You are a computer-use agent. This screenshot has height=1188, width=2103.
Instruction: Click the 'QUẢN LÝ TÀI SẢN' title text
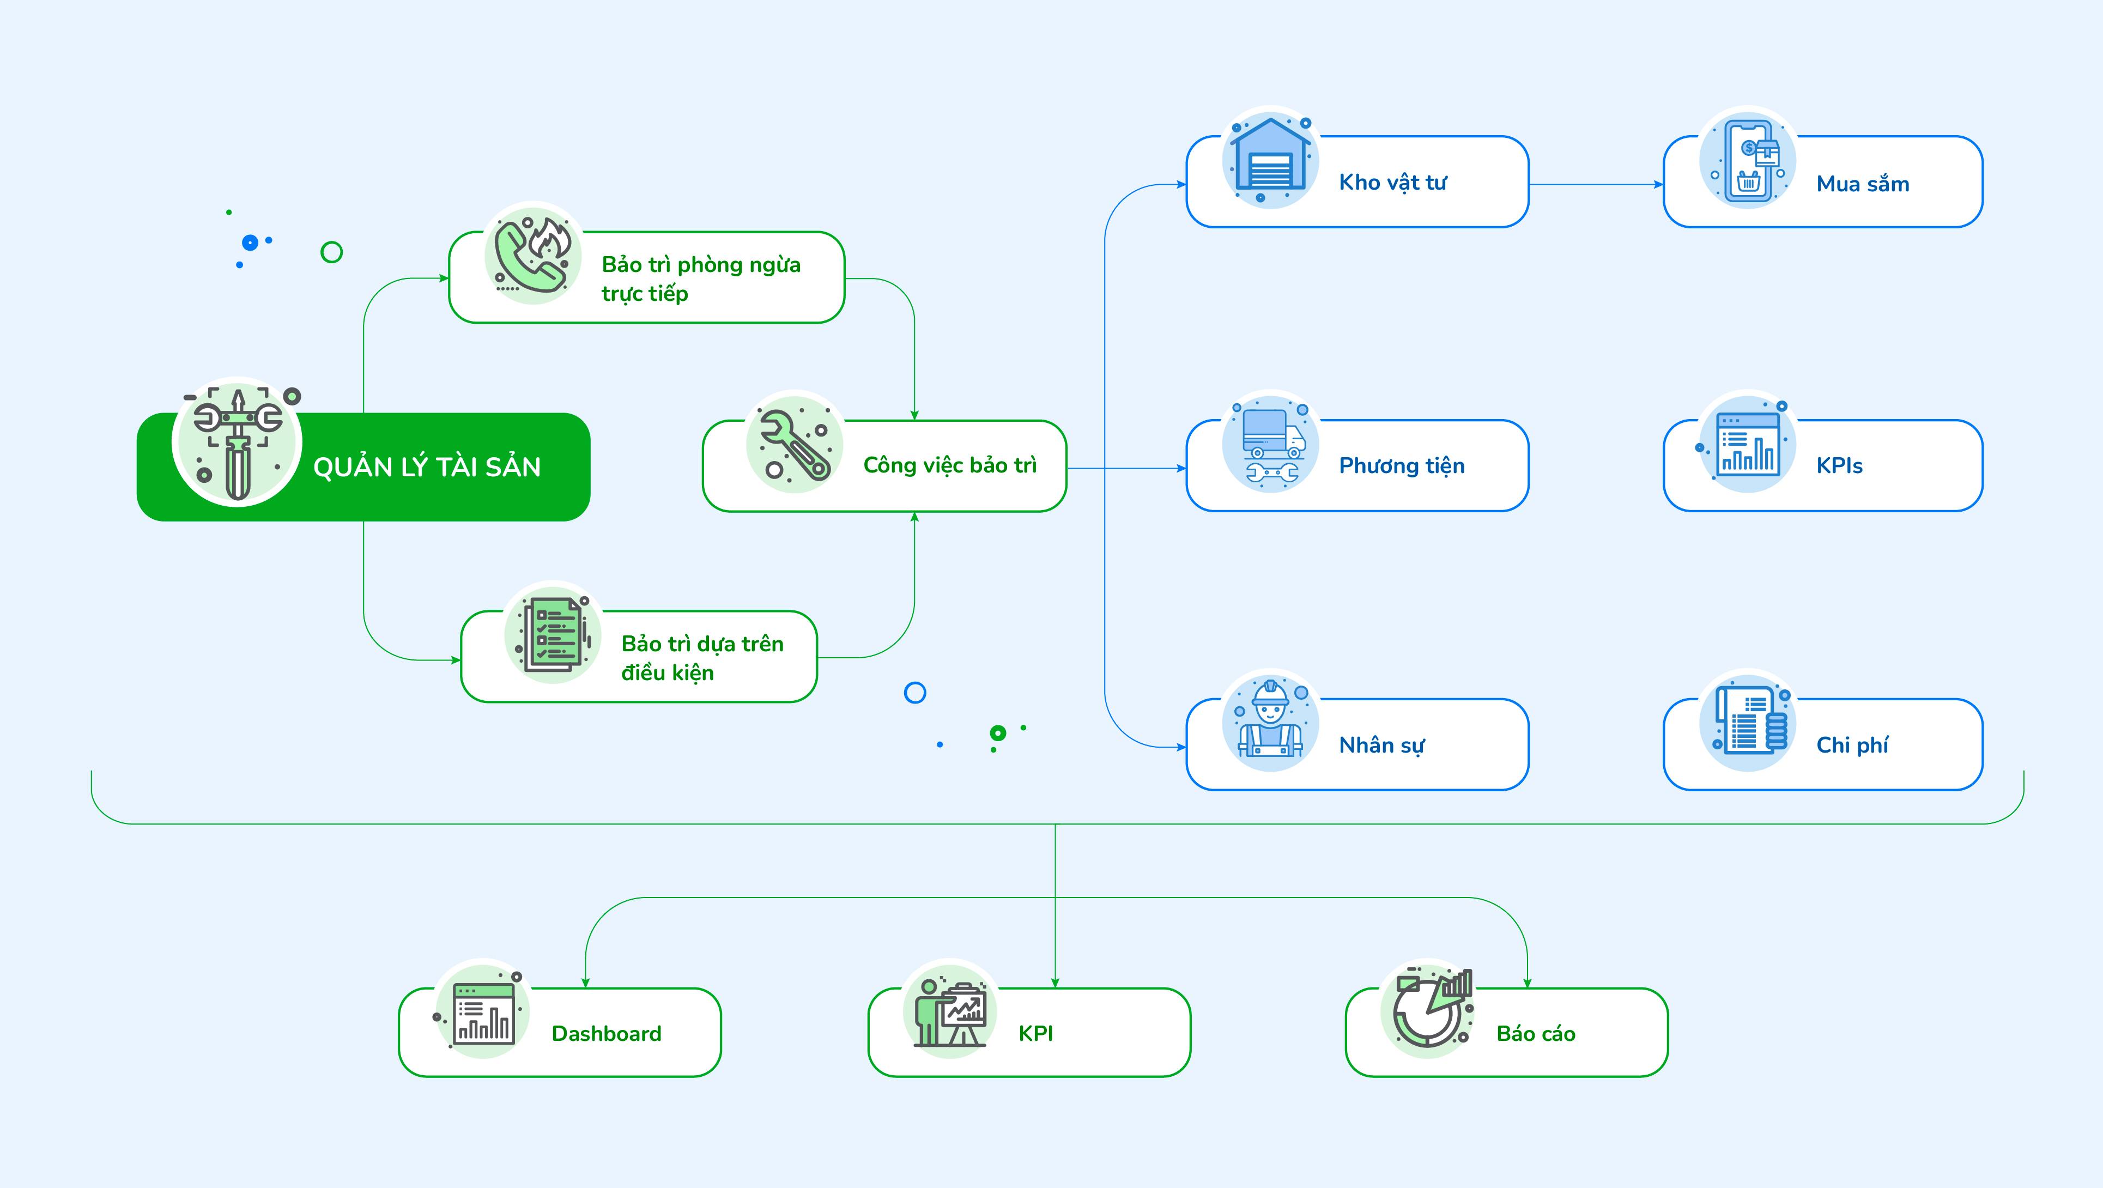point(427,466)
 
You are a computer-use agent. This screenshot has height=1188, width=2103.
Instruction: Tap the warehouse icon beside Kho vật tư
point(1270,159)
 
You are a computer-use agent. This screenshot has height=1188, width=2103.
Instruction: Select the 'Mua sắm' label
point(1863,184)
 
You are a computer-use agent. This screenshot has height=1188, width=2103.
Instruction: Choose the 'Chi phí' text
point(1852,744)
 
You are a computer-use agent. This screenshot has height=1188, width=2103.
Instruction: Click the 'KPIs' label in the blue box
point(1839,465)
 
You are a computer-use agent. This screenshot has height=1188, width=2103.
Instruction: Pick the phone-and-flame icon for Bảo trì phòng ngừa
point(533,253)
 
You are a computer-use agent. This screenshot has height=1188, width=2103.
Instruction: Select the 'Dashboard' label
point(607,1034)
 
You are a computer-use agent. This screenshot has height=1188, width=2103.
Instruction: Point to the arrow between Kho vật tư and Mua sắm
point(1596,185)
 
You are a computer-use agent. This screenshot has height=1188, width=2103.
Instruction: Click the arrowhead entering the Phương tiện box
point(1180,469)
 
